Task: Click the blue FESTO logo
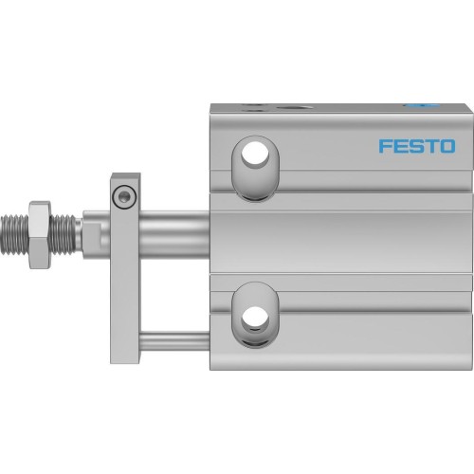click(416, 147)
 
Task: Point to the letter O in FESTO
click(447, 147)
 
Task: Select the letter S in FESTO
click(416, 147)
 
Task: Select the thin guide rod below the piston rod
click(174, 337)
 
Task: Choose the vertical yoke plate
click(123, 275)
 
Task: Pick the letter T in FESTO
click(430, 147)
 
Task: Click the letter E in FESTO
click(400, 147)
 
